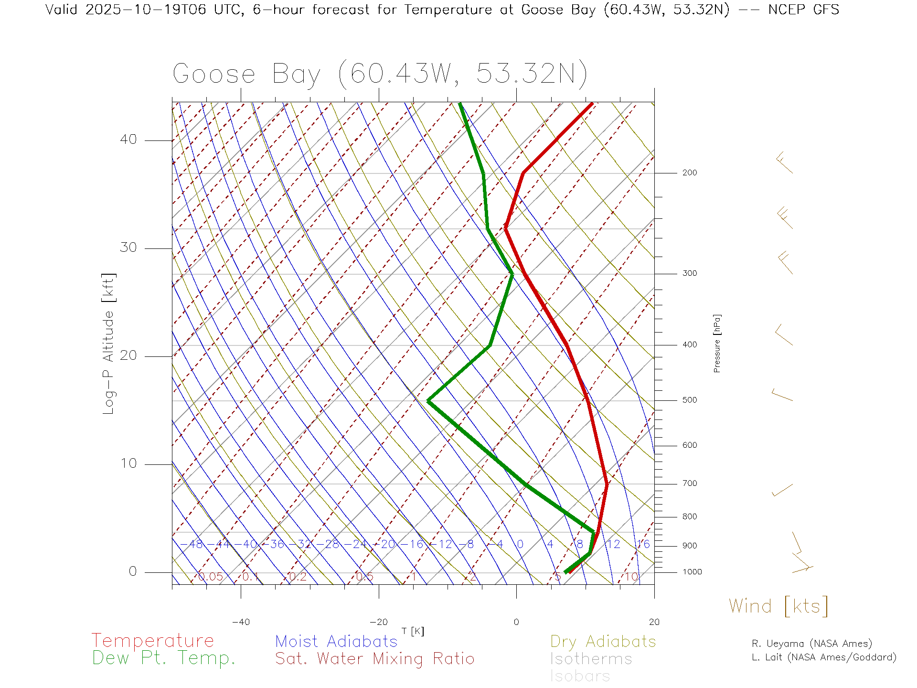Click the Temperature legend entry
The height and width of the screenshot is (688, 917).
tap(153, 641)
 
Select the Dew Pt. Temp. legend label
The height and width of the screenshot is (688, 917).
tap(164, 658)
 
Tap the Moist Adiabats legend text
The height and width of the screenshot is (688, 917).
tap(336, 641)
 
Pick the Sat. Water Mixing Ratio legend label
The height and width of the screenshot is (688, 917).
tap(374, 659)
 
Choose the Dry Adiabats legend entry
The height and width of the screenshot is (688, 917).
tap(603, 641)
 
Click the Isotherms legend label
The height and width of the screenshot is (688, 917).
tap(591, 659)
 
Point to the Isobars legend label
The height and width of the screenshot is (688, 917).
tap(580, 676)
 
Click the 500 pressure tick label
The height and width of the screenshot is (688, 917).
tap(689, 400)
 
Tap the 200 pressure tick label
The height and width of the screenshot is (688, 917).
tap(689, 172)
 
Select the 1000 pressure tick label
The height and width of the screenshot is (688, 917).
tap(692, 572)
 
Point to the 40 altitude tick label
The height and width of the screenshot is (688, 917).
tap(128, 140)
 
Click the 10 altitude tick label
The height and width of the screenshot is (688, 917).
tap(128, 463)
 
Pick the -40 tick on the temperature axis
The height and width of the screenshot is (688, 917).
tap(241, 622)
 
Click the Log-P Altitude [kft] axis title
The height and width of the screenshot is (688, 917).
tap(109, 344)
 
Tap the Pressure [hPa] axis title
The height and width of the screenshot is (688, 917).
tap(717, 344)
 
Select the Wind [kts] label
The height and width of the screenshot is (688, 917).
tap(778, 606)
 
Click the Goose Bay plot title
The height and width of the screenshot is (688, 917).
tap(380, 74)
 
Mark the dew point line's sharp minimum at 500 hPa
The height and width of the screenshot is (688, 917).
tap(428, 401)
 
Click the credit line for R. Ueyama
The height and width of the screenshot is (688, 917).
tap(811, 644)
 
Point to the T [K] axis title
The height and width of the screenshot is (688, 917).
tap(413, 631)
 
